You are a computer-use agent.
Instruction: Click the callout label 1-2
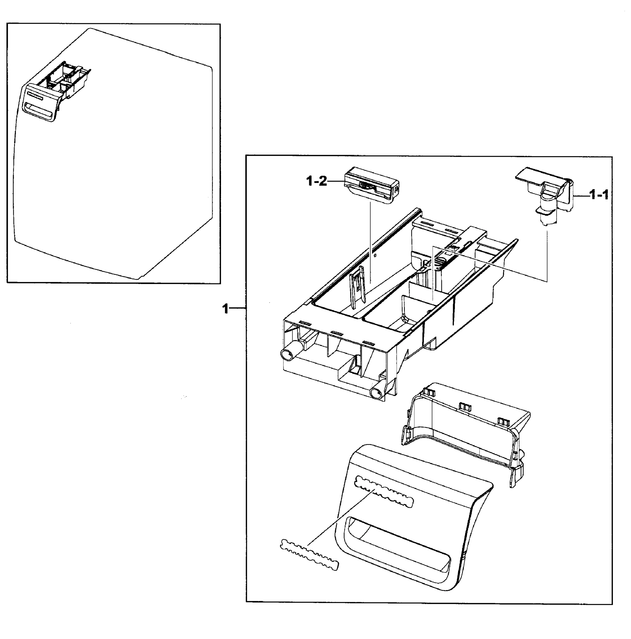[x=316, y=181]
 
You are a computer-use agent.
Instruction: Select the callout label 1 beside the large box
[x=225, y=309]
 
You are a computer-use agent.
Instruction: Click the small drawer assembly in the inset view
[x=56, y=93]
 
